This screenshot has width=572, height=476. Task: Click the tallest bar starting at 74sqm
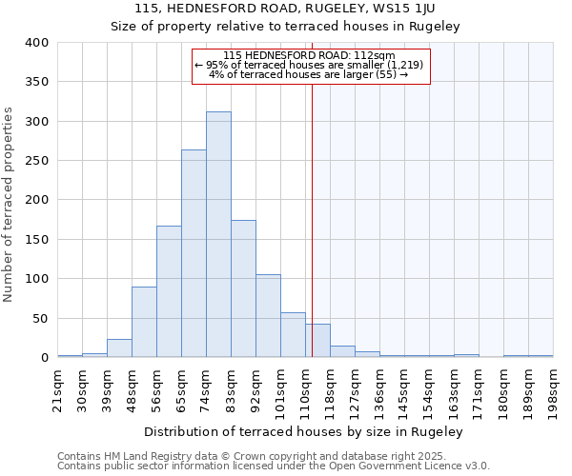pyautogui.click(x=218, y=234)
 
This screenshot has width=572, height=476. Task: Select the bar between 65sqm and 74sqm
pyautogui.click(x=194, y=253)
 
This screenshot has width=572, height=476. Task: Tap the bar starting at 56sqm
pyautogui.click(x=169, y=291)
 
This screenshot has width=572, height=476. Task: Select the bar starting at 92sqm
pyautogui.click(x=268, y=316)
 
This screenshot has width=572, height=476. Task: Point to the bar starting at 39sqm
pyautogui.click(x=119, y=348)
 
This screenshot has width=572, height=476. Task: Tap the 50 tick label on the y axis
pyautogui.click(x=40, y=318)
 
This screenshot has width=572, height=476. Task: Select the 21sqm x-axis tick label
pyautogui.click(x=57, y=387)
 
